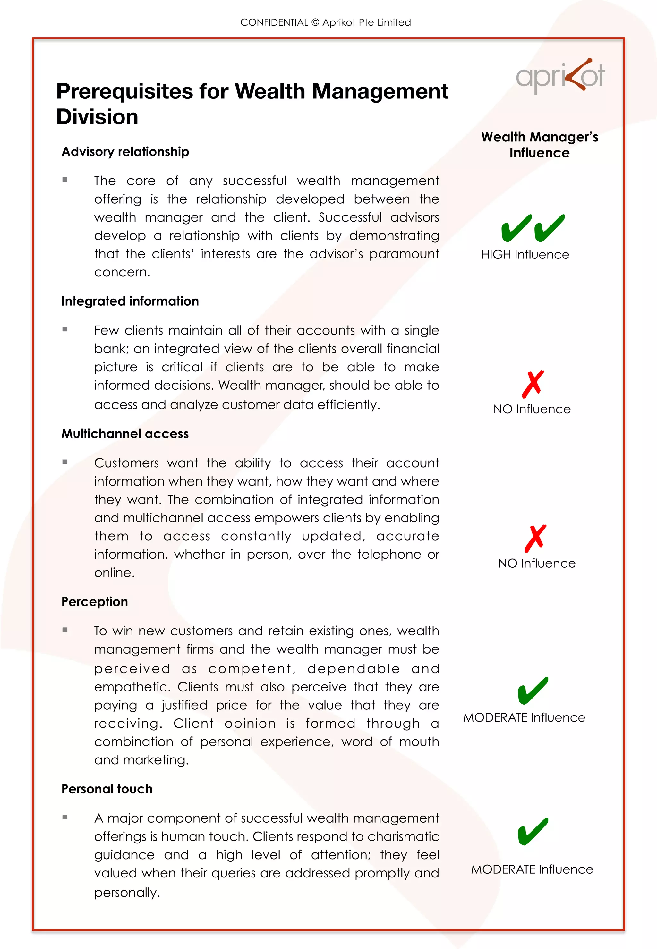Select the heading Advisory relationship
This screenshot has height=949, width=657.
tap(125, 152)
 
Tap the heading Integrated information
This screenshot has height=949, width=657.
tap(130, 301)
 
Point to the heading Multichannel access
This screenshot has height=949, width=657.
tap(125, 434)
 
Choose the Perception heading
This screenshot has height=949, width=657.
tap(95, 602)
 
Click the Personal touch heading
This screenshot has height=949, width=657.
tap(107, 789)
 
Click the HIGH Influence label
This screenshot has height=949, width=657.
tap(525, 255)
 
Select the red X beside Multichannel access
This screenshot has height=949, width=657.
tap(535, 538)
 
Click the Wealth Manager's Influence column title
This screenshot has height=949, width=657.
tap(539, 144)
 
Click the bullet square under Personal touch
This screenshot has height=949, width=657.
tap(64, 817)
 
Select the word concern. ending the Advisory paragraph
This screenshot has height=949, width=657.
tap(122, 272)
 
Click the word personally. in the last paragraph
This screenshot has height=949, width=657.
tap(127, 893)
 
